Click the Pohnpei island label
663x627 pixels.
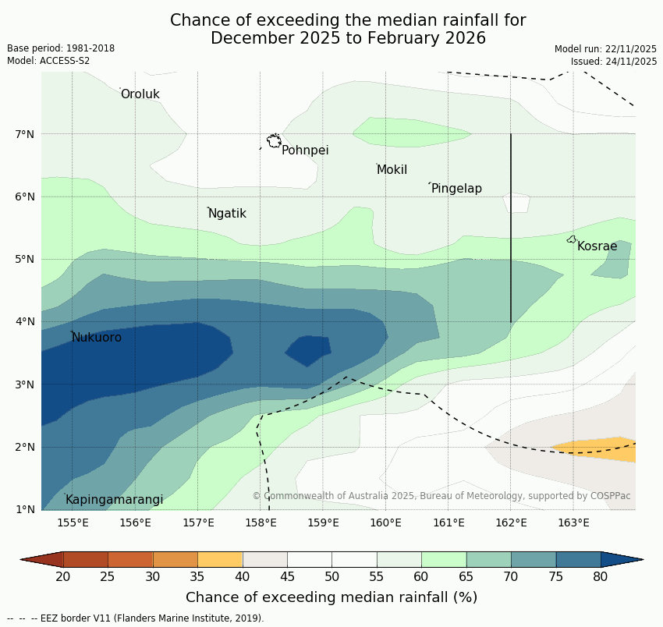tap(305, 151)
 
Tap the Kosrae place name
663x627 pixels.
tap(597, 246)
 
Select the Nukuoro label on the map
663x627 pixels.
tap(97, 338)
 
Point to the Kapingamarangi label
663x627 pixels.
tap(115, 500)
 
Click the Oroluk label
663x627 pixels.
tap(140, 94)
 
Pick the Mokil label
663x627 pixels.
tap(392, 170)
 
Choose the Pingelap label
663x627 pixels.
tap(456, 189)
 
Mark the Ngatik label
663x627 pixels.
tap(227, 214)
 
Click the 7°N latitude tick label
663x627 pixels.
tap(25, 134)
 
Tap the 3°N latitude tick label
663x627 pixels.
tap(25, 384)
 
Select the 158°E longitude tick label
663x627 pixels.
tap(261, 522)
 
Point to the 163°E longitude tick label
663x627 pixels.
tap(573, 522)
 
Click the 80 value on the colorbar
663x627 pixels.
tap(601, 577)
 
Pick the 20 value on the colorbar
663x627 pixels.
tap(63, 577)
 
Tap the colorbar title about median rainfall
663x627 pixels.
tap(331, 597)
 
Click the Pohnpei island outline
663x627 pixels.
tap(274, 141)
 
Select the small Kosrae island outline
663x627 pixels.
tap(572, 239)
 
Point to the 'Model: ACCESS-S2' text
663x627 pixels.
tap(48, 61)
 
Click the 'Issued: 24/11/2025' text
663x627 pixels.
tap(614, 61)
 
